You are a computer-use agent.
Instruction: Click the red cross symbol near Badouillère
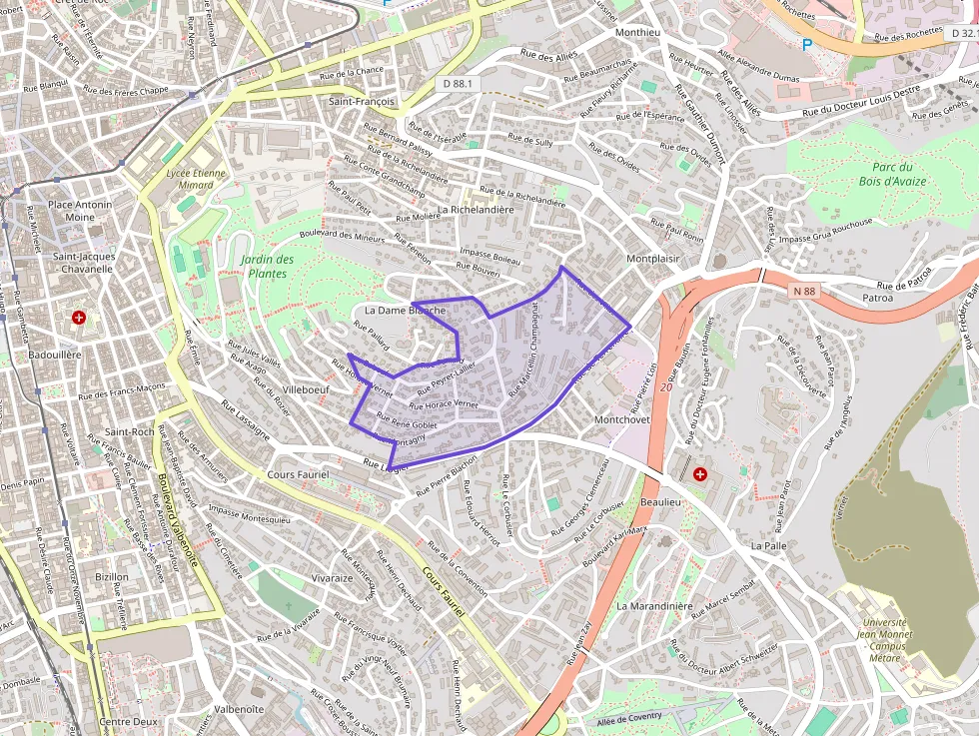79,318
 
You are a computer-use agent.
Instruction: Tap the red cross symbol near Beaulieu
700,472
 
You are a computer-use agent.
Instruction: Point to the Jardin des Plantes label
267,266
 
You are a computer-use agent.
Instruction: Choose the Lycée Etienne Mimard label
196,179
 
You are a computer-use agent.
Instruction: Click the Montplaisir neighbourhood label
653,259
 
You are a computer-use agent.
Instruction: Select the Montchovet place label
621,420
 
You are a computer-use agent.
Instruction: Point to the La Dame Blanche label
405,310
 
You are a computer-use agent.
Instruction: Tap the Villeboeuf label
306,389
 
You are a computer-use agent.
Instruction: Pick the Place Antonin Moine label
81,211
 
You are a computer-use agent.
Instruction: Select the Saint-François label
362,102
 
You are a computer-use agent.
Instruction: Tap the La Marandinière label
654,605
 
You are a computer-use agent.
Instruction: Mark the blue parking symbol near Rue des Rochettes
807,44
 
